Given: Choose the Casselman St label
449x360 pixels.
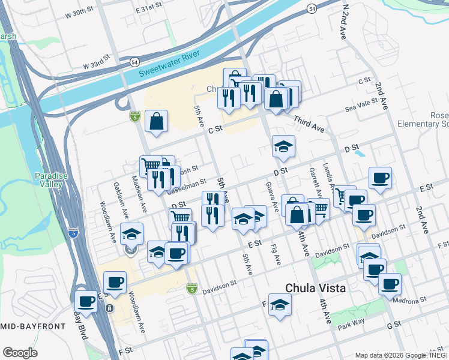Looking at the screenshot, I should tap(186, 182).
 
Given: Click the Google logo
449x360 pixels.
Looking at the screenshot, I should tap(20, 353).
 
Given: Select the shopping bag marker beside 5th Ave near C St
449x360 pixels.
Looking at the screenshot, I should tap(156, 121).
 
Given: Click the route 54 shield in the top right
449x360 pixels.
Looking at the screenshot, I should tap(311, 8).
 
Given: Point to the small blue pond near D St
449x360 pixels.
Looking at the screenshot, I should tap(360, 153).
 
